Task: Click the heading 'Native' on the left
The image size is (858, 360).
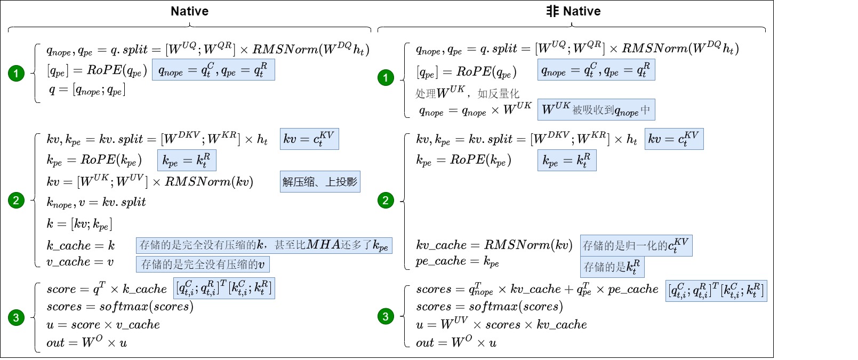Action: point(189,11)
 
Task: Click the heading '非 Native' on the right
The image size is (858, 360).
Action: point(573,11)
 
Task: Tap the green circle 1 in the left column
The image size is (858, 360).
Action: point(16,73)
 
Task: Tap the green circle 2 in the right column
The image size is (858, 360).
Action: point(386,201)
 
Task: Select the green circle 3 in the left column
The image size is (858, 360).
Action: point(16,317)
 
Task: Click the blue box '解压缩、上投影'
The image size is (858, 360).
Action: point(320,182)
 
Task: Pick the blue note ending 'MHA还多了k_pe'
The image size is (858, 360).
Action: point(264,245)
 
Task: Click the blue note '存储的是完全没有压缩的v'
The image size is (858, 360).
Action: point(203,264)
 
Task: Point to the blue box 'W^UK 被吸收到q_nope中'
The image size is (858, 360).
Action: point(596,110)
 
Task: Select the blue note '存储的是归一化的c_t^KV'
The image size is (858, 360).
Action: point(636,245)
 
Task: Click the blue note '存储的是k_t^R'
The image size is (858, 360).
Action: point(612,267)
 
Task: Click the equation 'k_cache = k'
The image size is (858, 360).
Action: point(81,246)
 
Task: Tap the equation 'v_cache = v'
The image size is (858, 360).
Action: point(80,262)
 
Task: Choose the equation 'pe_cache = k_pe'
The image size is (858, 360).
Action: point(458,261)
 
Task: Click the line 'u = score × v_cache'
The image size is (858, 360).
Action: point(103,325)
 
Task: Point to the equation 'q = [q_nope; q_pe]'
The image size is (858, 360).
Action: point(87,90)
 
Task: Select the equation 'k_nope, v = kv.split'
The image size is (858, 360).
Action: point(96,202)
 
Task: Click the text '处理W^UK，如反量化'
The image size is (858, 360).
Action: point(467,93)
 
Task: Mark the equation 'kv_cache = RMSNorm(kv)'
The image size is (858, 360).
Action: point(494,245)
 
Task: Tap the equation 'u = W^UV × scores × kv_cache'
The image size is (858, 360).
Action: point(501,324)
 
